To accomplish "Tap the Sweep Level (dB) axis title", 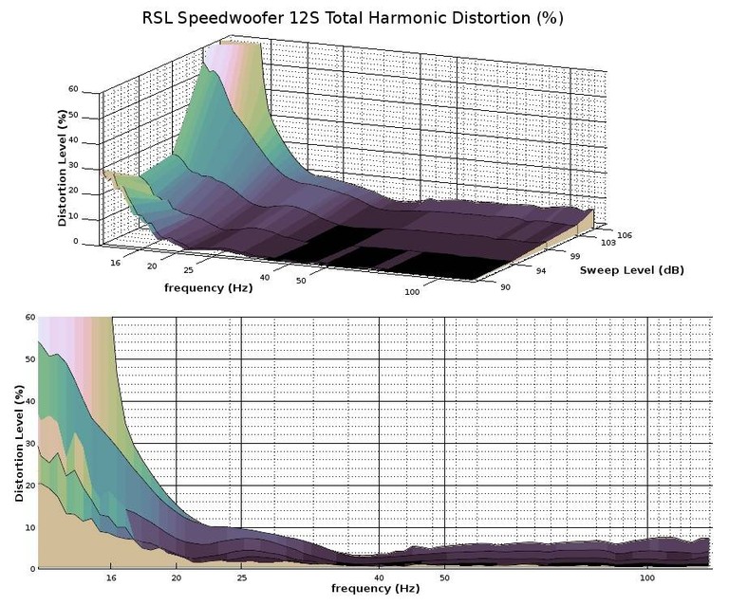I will pyautogui.click(x=631, y=269).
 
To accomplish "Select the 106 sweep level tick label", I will pyautogui.click(x=623, y=234).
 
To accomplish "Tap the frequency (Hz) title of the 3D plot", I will pyautogui.click(x=208, y=287).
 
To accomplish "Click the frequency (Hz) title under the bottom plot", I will pyautogui.click(x=375, y=589).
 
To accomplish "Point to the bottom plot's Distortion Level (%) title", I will pyautogui.click(x=19, y=443).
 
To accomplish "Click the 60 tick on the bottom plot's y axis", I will pyautogui.click(x=29, y=318).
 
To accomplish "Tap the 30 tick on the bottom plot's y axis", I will pyautogui.click(x=29, y=443).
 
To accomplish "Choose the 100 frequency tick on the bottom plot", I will pyautogui.click(x=648, y=577).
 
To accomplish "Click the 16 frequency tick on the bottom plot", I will pyautogui.click(x=111, y=577).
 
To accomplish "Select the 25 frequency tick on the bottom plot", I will pyautogui.click(x=243, y=577).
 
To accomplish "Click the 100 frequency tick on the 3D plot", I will pyautogui.click(x=411, y=292).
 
